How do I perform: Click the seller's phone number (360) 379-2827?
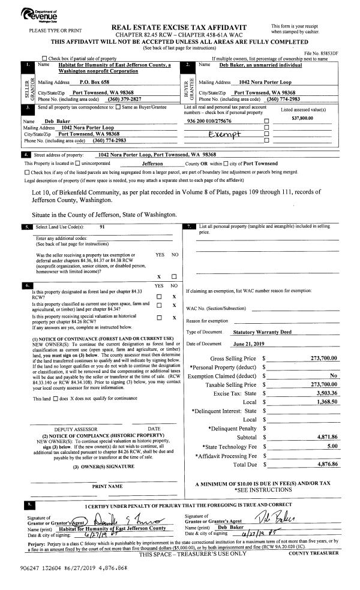[x=124, y=99]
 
